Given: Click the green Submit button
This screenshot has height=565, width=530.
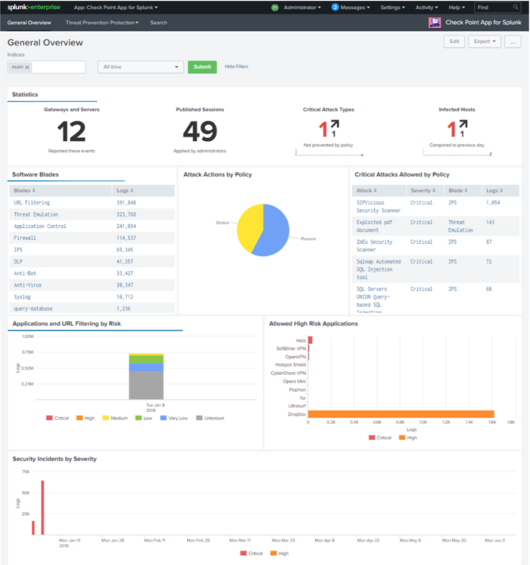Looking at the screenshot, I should coord(201,67).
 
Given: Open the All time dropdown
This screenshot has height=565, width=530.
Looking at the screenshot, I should coord(140,67).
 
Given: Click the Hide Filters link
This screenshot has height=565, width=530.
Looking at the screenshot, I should coord(236,67).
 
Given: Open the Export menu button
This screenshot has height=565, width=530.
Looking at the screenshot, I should coord(485,42).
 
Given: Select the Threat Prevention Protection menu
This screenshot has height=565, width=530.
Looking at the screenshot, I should coord(101,23).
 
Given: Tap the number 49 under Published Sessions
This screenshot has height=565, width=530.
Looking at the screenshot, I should coord(200,132).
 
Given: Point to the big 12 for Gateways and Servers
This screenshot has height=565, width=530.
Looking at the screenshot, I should coord(71,132).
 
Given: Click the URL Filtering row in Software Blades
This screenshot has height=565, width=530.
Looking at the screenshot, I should coord(32,203).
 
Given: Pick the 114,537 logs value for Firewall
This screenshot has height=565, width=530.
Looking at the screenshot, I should coord(126,238).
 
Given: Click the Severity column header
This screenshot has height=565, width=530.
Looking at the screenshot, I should coord(420,191).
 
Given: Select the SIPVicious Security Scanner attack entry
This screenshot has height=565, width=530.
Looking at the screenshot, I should coord(378,206).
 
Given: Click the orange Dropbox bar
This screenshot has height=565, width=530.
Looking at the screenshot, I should coord(401,414).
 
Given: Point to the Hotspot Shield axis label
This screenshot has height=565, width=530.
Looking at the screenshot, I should coord(291,364).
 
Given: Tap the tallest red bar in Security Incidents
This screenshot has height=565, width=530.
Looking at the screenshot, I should coord(42,507).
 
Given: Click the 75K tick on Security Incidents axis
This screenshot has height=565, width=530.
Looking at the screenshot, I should coord(25,471).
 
